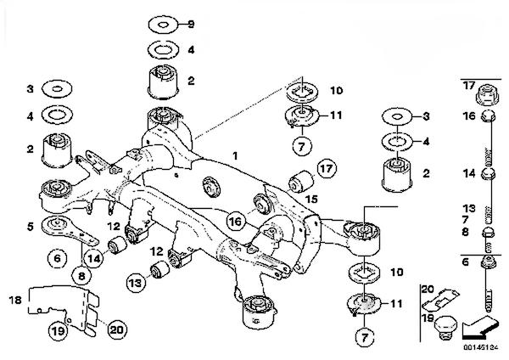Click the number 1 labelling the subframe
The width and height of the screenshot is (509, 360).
pos(235,156)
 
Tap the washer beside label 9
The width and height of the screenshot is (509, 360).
pos(163,25)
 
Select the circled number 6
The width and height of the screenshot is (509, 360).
pos(57,259)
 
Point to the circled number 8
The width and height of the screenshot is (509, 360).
pos(81,276)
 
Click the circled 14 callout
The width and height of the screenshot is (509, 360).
pos(93,258)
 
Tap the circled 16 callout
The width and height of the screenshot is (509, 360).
pos(236,222)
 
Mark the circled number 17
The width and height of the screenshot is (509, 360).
pos(327,168)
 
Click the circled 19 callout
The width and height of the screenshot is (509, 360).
pos(59,331)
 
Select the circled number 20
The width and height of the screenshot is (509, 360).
pos(117,329)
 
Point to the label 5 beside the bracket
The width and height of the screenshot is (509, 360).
pos(31,226)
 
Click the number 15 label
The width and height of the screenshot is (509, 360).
pos(311,199)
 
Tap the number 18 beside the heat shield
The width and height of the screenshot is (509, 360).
pos(15,300)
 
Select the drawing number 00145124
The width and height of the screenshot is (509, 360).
pos(481,347)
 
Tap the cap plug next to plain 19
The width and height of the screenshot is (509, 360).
pos(445,328)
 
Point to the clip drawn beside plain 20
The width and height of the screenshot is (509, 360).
pos(440,299)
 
